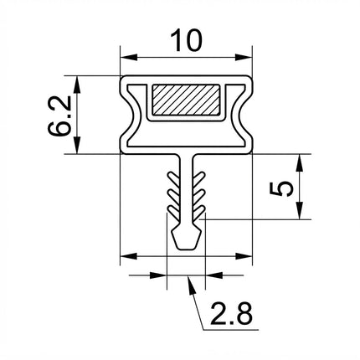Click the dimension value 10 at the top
pyautogui.click(x=186, y=41)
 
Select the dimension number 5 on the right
pyautogui.click(x=281, y=188)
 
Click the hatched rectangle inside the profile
pyautogui.click(x=186, y=100)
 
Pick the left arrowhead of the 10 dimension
pyautogui.click(x=129, y=58)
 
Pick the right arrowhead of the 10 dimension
pyautogui.click(x=244, y=58)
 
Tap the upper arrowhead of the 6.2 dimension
pyautogui.click(x=77, y=85)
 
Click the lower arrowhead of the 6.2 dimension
pyautogui.click(x=77, y=145)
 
